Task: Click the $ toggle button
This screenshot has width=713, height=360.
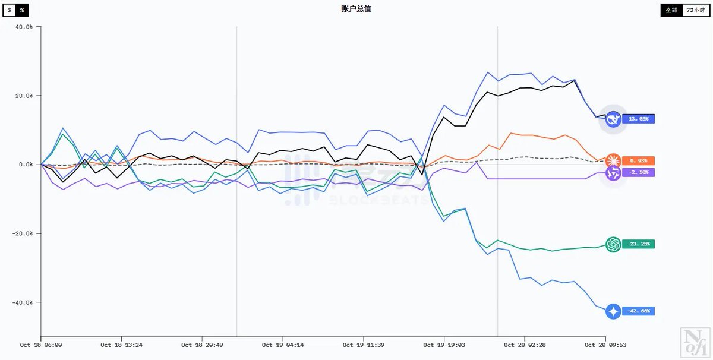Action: tap(9, 10)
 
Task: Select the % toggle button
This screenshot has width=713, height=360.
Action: tap(21, 10)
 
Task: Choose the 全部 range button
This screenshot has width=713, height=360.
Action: tap(671, 10)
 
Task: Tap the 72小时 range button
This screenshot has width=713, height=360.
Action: tap(696, 10)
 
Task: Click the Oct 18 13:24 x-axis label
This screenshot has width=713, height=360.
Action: tap(122, 345)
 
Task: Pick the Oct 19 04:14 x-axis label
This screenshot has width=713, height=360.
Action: tap(283, 345)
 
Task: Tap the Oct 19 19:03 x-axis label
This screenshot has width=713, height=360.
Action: tap(444, 345)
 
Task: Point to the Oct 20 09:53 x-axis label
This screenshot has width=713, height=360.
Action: tap(605, 345)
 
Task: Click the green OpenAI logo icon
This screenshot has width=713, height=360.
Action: tap(613, 244)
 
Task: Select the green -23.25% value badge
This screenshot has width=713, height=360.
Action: tap(639, 244)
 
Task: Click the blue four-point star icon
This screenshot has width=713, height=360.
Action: tap(613, 311)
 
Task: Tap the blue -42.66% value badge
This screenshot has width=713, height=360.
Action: tap(639, 311)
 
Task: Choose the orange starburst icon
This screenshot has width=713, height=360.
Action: tap(613, 160)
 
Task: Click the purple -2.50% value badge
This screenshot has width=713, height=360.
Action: tap(639, 172)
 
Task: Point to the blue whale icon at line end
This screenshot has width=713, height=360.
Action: tap(613, 119)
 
